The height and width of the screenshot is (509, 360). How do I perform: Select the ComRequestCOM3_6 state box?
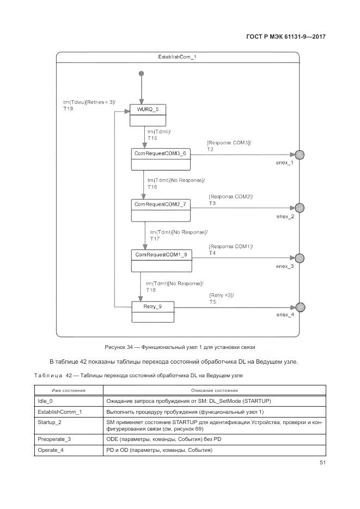click(160, 159)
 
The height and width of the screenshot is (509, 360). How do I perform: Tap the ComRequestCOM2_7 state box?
click(160, 210)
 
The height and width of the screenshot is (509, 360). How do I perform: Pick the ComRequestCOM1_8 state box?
click(161, 260)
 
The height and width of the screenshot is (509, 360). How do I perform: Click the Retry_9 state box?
click(152, 312)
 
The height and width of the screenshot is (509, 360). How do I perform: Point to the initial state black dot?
click(141, 73)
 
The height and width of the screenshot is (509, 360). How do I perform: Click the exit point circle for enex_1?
click(299, 155)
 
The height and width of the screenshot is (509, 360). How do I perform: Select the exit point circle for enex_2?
click(299, 207)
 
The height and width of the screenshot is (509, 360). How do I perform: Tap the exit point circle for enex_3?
click(299, 258)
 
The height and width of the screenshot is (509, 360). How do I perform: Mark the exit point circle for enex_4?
click(299, 308)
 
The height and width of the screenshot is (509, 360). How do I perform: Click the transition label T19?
click(68, 109)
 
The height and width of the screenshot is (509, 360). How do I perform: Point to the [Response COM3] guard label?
click(229, 143)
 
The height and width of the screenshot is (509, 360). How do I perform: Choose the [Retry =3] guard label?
click(221, 295)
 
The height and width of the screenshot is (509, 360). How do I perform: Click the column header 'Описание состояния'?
click(215, 390)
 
